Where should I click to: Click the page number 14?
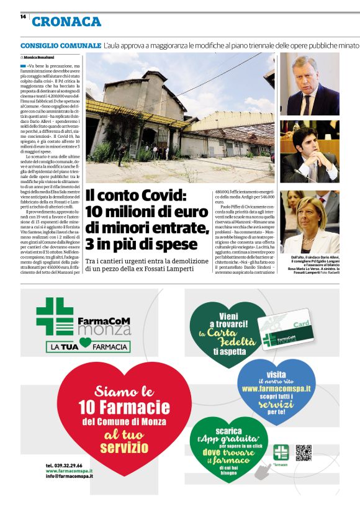tap(23, 17)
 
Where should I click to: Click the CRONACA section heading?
tap(66, 22)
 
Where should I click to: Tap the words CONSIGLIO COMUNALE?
tap(60, 46)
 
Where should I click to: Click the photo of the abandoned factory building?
tap(181, 118)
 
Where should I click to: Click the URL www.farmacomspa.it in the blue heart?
tap(276, 388)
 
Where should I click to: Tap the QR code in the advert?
tap(303, 452)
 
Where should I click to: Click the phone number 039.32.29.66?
tap(64, 465)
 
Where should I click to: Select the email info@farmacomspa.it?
tap(69, 476)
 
